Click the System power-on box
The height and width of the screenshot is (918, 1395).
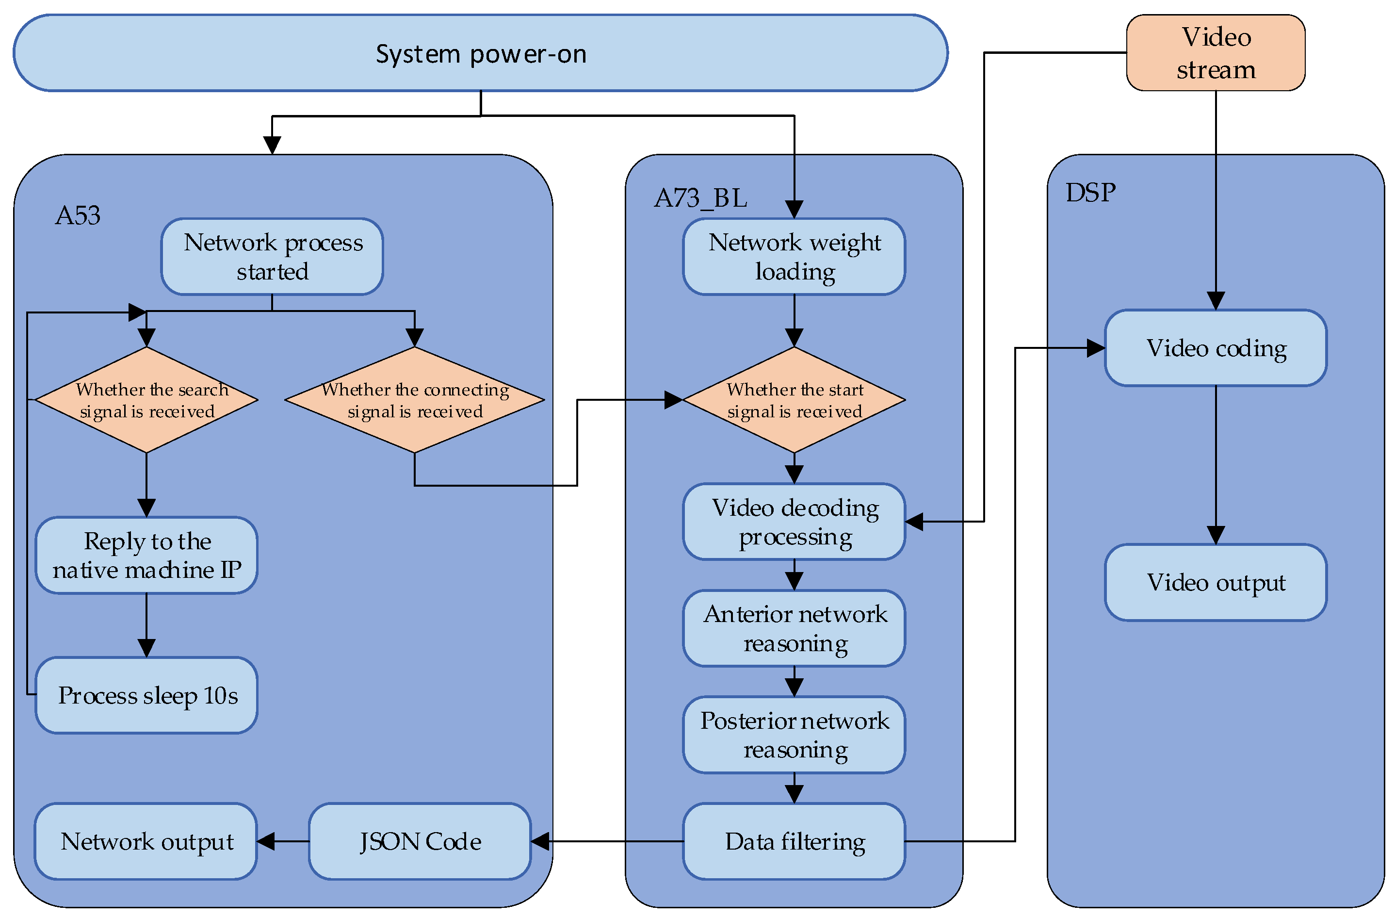[x=481, y=53]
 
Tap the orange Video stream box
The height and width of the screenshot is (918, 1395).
[x=1216, y=53]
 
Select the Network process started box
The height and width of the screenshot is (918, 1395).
[x=273, y=257]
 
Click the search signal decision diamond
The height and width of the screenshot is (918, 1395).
[x=146, y=400]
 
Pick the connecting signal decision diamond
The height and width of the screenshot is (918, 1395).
[x=415, y=400]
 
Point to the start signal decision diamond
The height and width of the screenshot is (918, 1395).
[x=794, y=400]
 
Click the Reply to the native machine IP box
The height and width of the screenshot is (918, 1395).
[x=146, y=555]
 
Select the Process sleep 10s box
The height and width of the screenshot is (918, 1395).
[x=146, y=695]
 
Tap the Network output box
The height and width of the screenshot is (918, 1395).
[x=146, y=841]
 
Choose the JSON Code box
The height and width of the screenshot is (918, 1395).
[x=420, y=841]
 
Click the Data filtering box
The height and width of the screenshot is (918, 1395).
[x=794, y=841]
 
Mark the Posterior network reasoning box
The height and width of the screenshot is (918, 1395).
[x=794, y=735]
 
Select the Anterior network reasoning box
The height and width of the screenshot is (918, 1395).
[x=794, y=628]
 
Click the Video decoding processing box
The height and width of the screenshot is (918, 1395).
[x=794, y=522]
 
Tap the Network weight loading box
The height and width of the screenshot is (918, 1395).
[x=794, y=257]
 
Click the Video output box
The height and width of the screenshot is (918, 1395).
[x=1216, y=583]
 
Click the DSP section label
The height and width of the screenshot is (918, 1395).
[x=1090, y=193]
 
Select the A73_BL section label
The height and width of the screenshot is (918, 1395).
[x=700, y=198]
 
